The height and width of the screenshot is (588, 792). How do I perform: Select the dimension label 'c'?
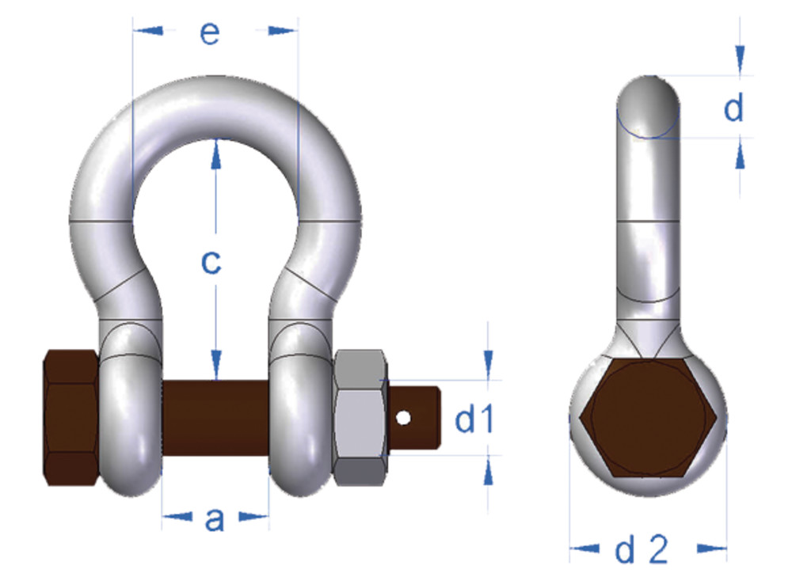(x=210, y=261)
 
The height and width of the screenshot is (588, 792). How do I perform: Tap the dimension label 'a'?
(x=214, y=519)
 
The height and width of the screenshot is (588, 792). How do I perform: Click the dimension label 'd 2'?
(x=642, y=549)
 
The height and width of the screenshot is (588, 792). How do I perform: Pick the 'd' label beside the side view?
(x=735, y=109)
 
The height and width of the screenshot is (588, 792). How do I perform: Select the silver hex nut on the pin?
(x=360, y=418)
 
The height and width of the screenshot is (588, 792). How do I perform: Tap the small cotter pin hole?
(x=404, y=416)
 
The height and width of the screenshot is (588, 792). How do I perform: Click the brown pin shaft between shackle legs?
(x=215, y=417)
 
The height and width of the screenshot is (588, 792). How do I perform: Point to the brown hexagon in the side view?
(x=648, y=419)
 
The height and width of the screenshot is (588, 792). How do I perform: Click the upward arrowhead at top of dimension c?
(x=215, y=154)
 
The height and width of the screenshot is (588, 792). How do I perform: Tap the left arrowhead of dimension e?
(x=147, y=31)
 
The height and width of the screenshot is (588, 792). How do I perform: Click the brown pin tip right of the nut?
(x=424, y=416)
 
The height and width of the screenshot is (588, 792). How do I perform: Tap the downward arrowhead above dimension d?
(x=740, y=60)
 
